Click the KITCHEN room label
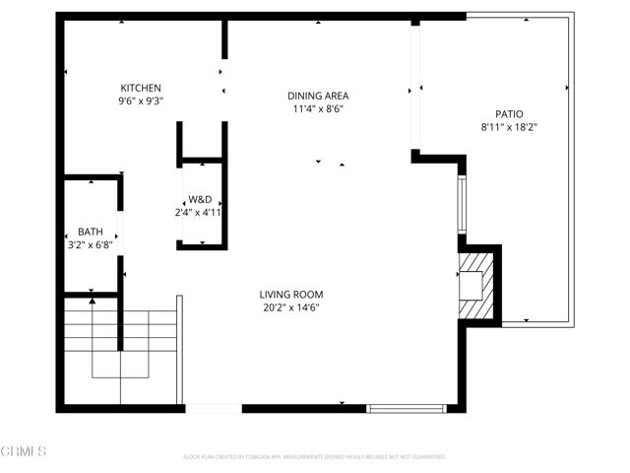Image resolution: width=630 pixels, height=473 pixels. point(141,88)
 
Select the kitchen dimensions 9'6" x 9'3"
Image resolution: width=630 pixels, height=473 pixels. point(141,101)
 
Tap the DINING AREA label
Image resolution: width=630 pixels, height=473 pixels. point(318,96)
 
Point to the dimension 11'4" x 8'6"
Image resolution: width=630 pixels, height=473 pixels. point(318,109)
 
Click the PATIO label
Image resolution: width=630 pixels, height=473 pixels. point(508,113)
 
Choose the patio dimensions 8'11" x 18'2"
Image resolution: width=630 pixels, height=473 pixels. point(508,126)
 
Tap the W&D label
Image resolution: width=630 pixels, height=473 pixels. point(201,198)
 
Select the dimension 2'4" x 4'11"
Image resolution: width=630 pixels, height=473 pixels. point(201,212)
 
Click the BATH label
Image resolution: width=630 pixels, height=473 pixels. point(91,233)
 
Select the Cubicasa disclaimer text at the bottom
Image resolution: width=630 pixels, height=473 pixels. point(315,457)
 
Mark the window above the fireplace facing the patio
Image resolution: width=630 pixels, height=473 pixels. point(461,204)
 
